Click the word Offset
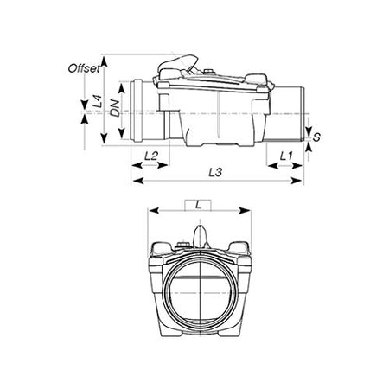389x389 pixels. coord(84,67)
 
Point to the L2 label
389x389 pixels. coord(150,156)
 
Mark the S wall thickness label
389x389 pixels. coord(317,137)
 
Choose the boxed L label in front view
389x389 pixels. coord(200,204)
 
